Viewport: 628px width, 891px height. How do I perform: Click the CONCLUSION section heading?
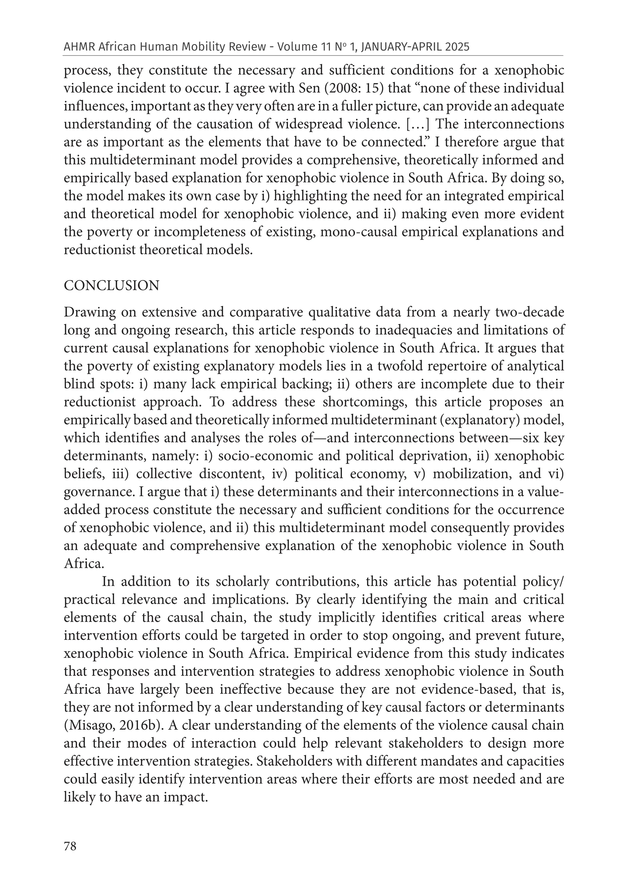coord(111,286)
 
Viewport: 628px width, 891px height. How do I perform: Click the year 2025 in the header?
coord(457,47)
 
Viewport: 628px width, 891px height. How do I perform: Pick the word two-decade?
coord(528,312)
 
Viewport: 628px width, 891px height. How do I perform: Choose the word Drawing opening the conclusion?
coord(88,312)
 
